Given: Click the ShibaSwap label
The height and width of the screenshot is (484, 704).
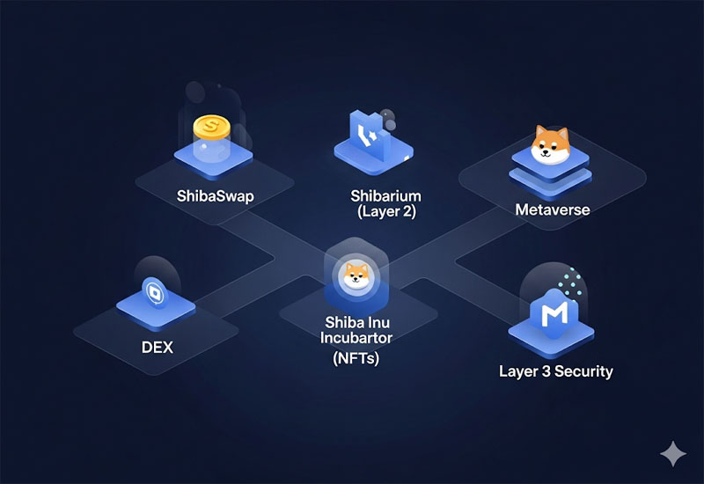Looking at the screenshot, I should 215,195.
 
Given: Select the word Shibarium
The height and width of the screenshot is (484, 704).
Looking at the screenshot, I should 385,195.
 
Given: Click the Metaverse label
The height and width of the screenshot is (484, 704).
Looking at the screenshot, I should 553,209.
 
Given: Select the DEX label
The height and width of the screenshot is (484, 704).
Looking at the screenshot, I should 158,348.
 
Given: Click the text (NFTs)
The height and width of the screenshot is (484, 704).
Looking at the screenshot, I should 356,358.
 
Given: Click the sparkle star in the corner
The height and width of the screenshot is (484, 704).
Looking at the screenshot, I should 673,454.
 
